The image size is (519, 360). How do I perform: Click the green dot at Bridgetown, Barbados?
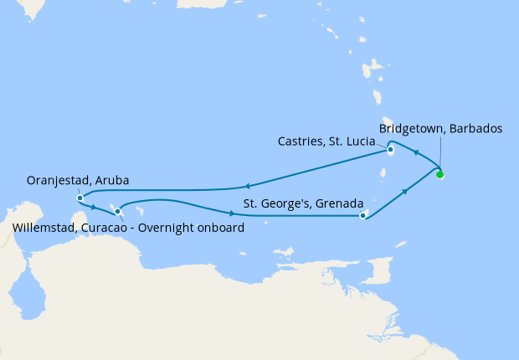coord(439,174)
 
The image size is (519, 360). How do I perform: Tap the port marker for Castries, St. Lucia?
coord(390,151)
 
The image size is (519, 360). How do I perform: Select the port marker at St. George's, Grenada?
coord(362,215)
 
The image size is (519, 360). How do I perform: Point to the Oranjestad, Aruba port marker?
coord(80,198)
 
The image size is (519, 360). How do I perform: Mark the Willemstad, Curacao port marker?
coord(117,211)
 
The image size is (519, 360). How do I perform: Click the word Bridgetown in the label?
coord(410,129)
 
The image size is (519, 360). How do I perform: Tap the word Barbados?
coord(475,129)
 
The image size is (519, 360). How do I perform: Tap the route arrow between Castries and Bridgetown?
coord(416,154)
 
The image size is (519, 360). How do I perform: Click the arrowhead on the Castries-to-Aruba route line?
coord(247,187)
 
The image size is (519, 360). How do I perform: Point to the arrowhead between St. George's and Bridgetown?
coord(405,192)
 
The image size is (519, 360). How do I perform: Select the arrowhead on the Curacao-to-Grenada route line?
coord(230,213)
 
